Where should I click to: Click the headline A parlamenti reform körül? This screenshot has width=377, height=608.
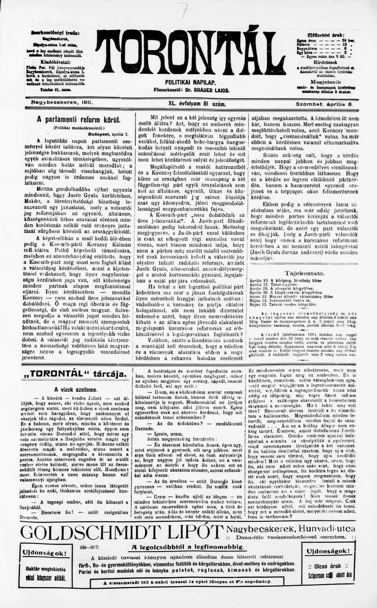pos(79,120)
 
